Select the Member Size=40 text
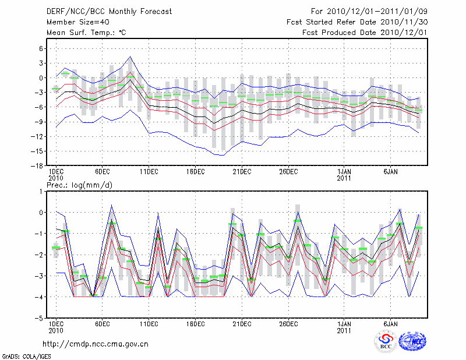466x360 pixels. [73, 22]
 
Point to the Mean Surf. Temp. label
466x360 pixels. [86, 33]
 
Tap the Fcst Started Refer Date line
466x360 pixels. [357, 22]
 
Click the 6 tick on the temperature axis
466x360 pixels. [41, 48]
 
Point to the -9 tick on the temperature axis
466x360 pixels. [40, 122]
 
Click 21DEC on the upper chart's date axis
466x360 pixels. [242, 172]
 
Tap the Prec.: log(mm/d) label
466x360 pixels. [79, 185]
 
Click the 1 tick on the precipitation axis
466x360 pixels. [41, 191]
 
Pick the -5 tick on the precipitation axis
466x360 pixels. [40, 319]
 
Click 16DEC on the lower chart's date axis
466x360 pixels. [195, 324]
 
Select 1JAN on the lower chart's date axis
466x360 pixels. [344, 324]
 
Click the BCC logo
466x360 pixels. [386, 342]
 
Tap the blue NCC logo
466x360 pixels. [411, 343]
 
